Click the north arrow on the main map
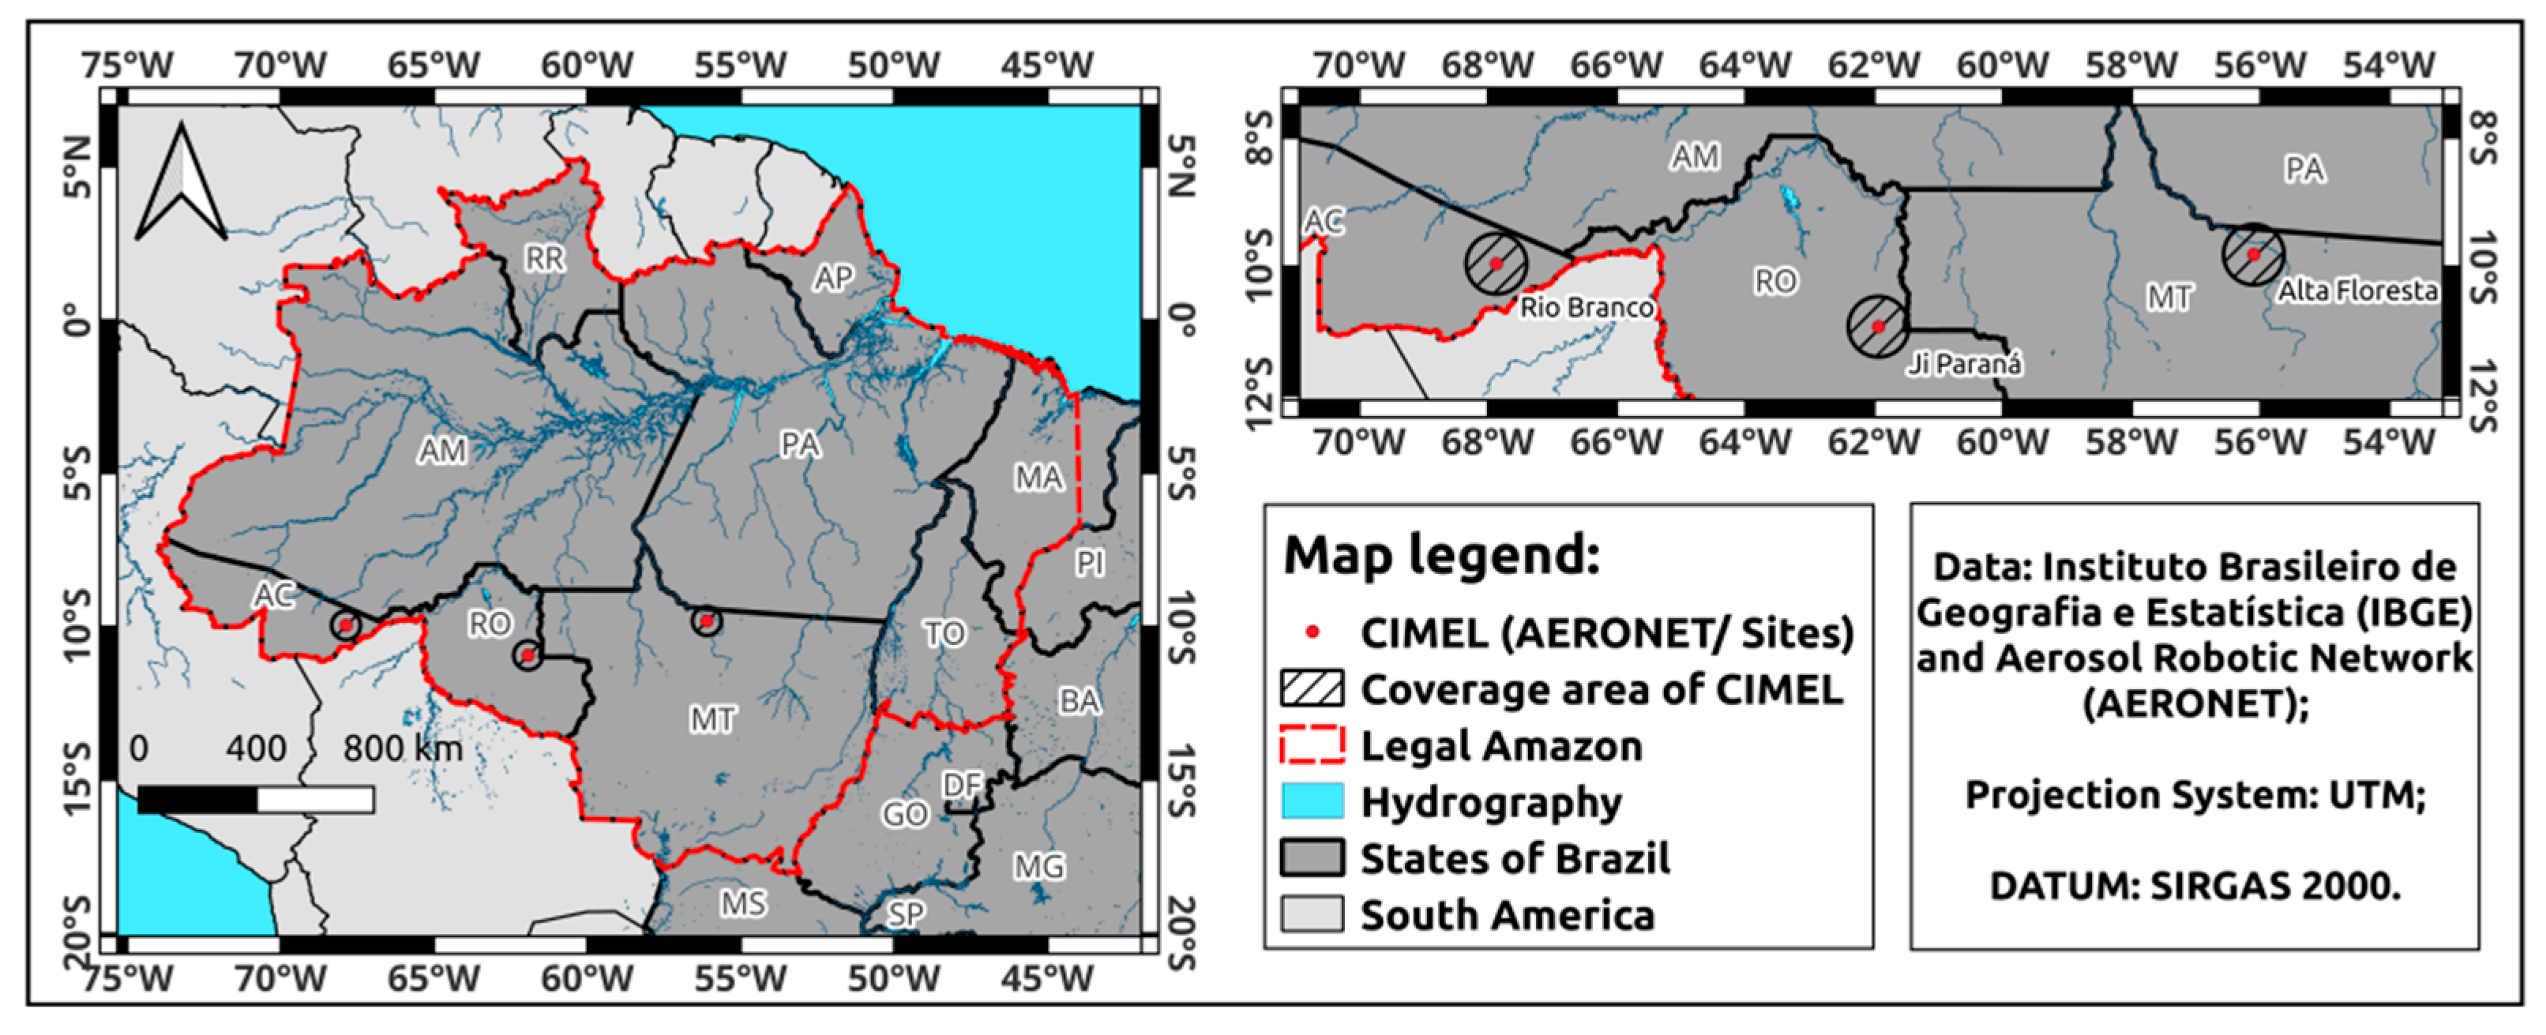click(181, 184)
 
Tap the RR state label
click(545, 259)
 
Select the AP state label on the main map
click(833, 279)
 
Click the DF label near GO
click(962, 785)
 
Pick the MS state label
click(742, 903)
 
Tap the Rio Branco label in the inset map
click(1585, 307)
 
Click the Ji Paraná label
click(1964, 365)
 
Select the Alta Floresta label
click(2357, 291)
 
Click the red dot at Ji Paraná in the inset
click(1879, 326)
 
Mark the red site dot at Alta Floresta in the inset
click(2254, 254)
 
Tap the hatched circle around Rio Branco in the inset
click(1496, 263)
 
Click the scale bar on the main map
click(256, 799)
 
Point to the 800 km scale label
click(402, 748)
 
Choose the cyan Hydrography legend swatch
click(1312, 801)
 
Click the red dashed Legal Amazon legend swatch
click(1312, 744)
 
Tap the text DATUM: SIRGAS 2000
click(2194, 886)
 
